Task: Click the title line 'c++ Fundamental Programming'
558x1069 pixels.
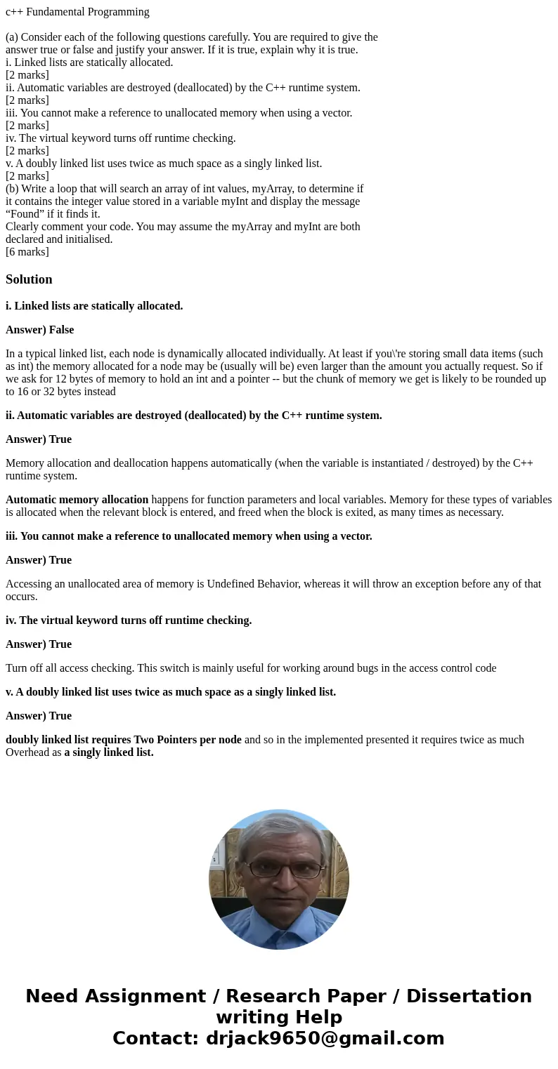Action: [77, 12]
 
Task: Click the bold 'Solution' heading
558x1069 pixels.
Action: [29, 279]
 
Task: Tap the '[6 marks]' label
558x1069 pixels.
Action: [27, 252]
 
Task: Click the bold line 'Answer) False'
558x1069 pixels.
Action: [39, 330]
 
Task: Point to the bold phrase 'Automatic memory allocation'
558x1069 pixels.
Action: [77, 500]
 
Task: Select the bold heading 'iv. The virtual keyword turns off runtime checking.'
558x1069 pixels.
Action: [129, 620]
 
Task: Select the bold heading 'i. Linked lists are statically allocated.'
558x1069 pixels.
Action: [94, 306]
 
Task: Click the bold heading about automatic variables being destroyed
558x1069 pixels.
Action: [194, 416]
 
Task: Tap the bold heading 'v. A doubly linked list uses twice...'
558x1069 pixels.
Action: [171, 692]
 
